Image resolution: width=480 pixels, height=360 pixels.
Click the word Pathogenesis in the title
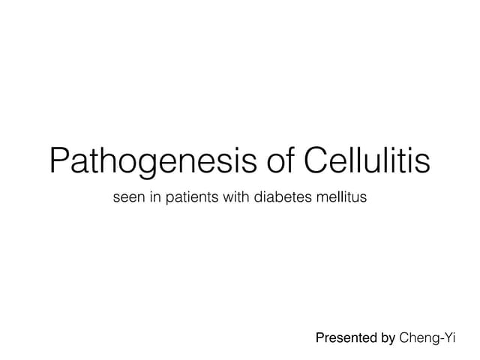(x=147, y=160)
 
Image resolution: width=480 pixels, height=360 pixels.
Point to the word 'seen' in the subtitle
(x=127, y=199)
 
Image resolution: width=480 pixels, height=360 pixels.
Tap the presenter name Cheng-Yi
(x=427, y=339)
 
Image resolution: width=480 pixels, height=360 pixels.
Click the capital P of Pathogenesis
(x=60, y=160)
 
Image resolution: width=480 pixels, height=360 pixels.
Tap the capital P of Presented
(x=319, y=339)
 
